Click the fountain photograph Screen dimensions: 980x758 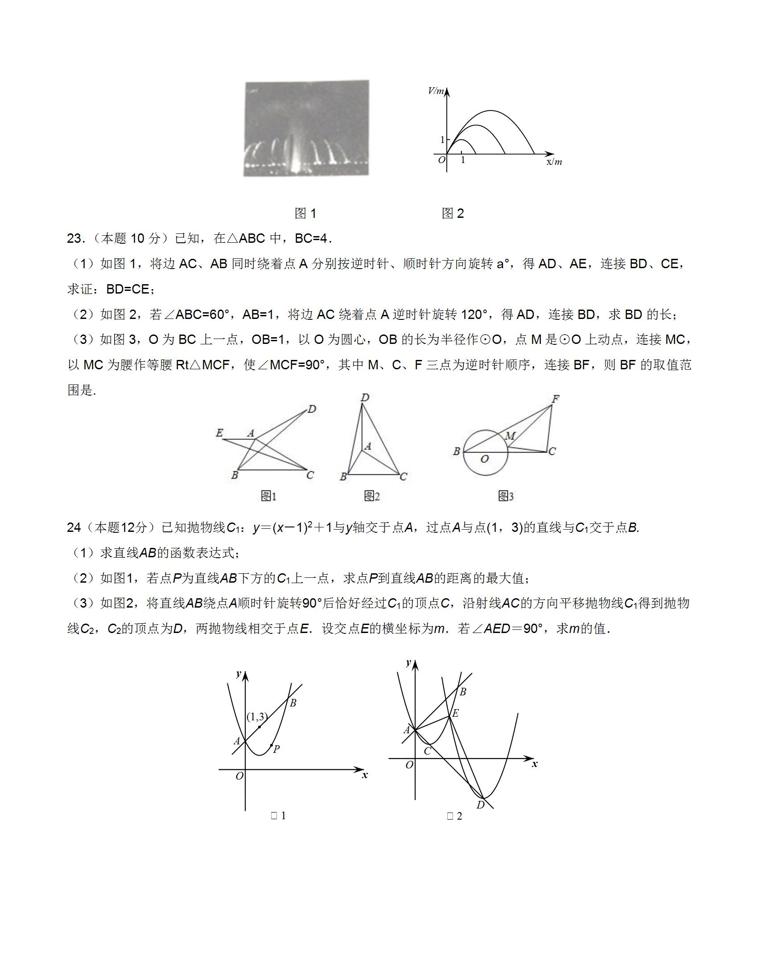tap(306, 128)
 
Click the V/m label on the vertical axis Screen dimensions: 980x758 tap(435, 91)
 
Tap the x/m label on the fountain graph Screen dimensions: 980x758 tap(554, 162)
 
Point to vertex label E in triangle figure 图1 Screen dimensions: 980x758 tap(219, 433)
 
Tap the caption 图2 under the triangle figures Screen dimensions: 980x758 tap(372, 496)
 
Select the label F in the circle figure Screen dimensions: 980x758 tap(556, 399)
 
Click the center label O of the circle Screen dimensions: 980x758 tap(485, 459)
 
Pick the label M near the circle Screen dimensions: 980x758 tap(510, 436)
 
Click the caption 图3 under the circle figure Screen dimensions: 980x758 tap(506, 496)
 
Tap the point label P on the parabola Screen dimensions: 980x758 tap(276, 749)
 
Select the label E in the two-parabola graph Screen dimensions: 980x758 tap(455, 713)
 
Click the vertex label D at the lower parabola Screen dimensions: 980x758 tap(481, 805)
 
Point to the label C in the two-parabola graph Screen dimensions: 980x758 tap(428, 751)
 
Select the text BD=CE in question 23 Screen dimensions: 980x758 tap(128, 290)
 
